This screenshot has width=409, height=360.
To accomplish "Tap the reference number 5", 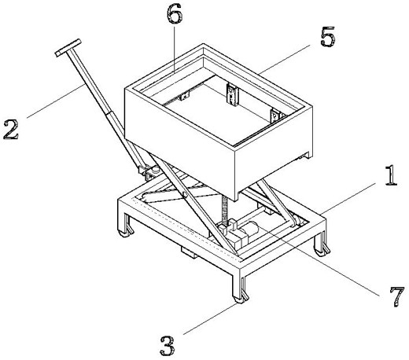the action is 328,37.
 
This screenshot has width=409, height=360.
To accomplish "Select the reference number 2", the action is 11,130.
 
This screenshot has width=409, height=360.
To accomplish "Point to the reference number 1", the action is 391,175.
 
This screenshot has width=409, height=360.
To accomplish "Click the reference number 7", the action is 397,296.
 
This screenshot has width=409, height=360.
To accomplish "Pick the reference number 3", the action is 168,346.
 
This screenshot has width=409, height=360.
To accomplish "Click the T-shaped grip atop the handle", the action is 68,47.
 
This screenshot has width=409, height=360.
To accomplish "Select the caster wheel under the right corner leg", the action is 322,251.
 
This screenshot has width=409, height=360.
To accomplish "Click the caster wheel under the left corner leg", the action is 125,232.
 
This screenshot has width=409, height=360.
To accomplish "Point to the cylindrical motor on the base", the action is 250,229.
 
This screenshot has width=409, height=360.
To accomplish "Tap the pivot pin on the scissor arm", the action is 185,194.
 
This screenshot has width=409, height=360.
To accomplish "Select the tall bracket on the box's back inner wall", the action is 232,95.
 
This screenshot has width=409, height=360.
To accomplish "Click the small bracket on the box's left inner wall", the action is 184,96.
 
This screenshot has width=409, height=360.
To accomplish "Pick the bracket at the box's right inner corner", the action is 275,116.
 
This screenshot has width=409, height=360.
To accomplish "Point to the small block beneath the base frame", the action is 188,252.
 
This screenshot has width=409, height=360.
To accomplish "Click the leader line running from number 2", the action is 55,101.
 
